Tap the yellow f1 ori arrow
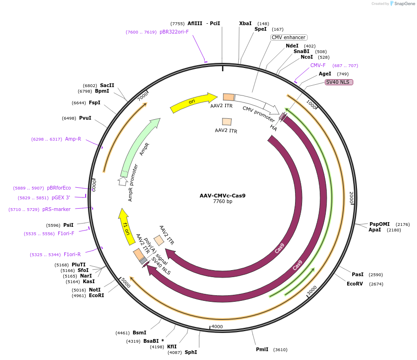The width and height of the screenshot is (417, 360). (x=125, y=226)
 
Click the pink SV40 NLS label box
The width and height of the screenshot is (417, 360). (x=339, y=82)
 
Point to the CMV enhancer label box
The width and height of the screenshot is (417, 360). (x=289, y=37)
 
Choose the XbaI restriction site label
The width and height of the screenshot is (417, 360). (x=245, y=23)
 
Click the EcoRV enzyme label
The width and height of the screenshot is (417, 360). (x=355, y=284)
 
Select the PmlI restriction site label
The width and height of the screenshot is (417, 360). (x=262, y=349)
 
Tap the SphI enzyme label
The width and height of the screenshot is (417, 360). (x=191, y=352)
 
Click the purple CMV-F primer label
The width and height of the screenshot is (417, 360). (x=318, y=65)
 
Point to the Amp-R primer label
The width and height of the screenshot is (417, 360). (x=73, y=139)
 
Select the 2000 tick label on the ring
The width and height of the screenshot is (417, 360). (x=351, y=197)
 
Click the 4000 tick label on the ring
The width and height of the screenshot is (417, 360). (x=217, y=326)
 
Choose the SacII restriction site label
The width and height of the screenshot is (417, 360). (x=107, y=85)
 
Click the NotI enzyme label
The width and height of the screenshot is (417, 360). (x=94, y=290)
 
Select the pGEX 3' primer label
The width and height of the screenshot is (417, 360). (x=61, y=197)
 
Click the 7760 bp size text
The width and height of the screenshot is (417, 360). (x=222, y=202)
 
